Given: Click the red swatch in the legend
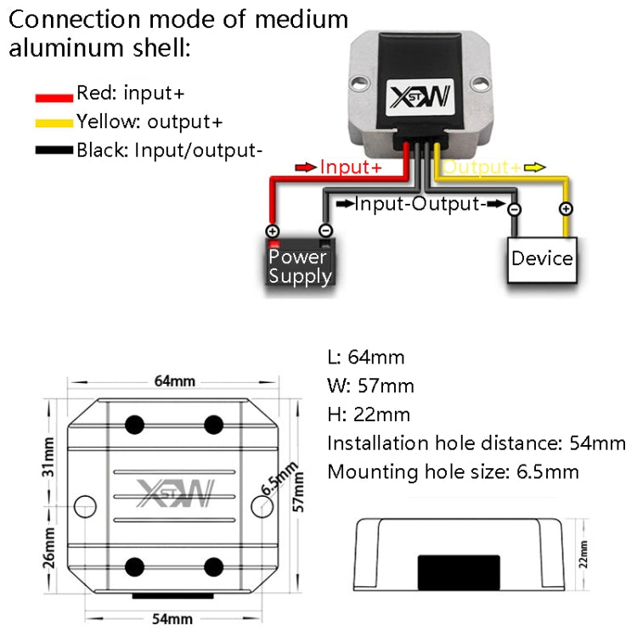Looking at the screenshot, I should (x=54, y=97).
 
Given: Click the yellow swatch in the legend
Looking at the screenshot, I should (x=54, y=124).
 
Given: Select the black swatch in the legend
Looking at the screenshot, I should (x=54, y=152).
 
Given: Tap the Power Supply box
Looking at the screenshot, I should (x=299, y=265).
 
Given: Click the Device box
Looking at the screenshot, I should (x=542, y=258).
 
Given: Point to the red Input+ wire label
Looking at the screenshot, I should (x=350, y=167).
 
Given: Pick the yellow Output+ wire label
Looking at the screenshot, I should (x=482, y=167).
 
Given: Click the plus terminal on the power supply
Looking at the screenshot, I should (x=273, y=231).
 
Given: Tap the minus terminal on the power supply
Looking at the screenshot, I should (x=325, y=230).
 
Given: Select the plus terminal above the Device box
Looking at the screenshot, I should (x=566, y=209).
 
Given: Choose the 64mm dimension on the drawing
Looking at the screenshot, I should (x=173, y=381).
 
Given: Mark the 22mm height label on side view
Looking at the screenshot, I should (x=583, y=556).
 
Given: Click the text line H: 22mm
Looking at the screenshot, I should (x=369, y=414).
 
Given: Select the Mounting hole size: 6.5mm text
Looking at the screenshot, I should (x=453, y=471).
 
